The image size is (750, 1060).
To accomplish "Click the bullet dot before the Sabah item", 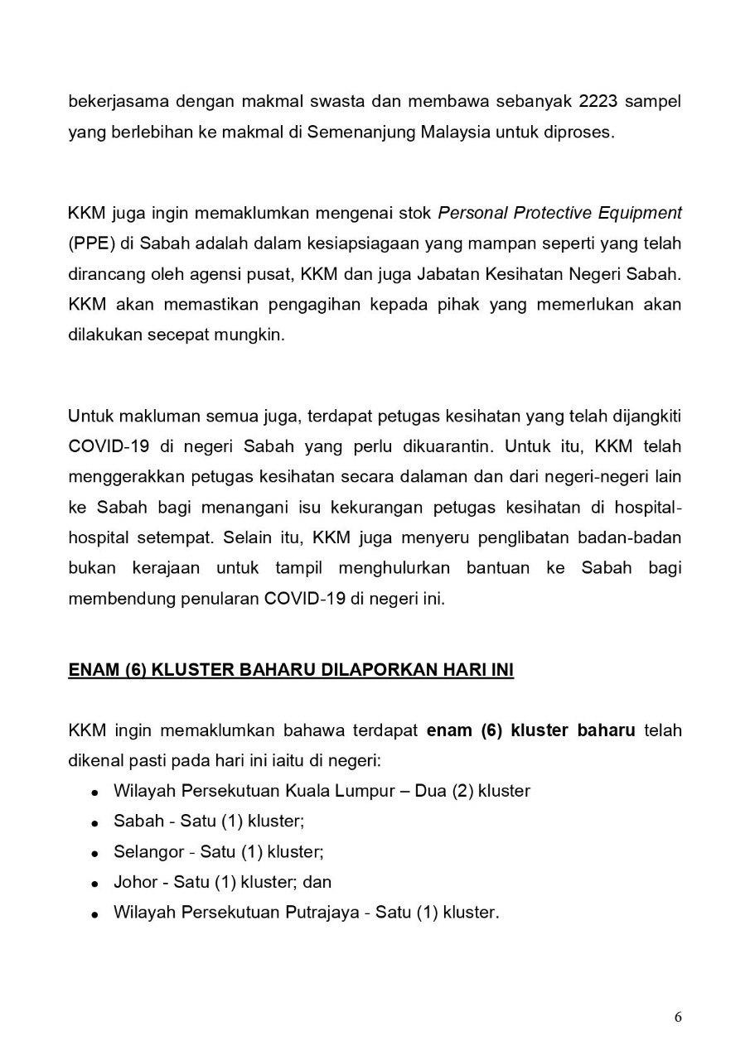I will click(x=97, y=823).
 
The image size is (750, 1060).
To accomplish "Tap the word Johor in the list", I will click(x=133, y=882).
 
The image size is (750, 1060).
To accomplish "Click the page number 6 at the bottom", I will click(x=678, y=1018).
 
